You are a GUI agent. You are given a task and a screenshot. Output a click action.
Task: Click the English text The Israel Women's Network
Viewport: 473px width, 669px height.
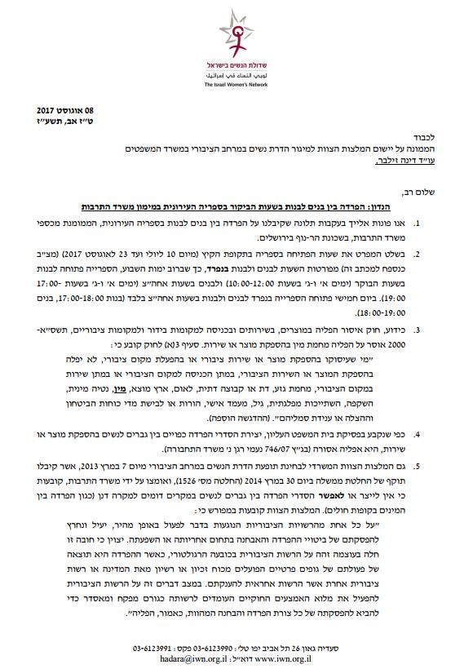click(236, 84)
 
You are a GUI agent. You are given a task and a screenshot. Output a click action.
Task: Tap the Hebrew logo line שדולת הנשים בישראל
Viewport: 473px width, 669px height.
click(236, 64)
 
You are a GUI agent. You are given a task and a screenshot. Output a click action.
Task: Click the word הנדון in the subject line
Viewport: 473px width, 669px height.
click(422, 208)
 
